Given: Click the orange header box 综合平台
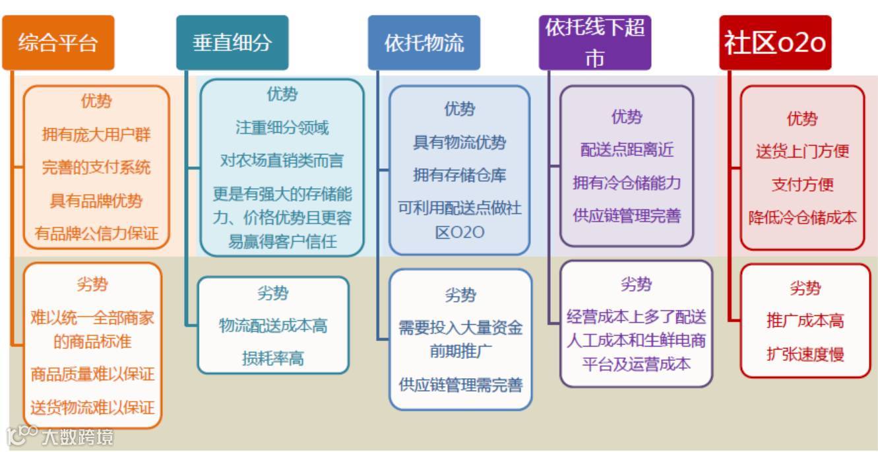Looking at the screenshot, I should click(58, 43).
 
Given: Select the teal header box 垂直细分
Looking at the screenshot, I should click(232, 43).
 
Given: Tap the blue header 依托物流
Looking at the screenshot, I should click(424, 43).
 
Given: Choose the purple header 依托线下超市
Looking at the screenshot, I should click(595, 43).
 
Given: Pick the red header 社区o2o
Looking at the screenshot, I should click(775, 43).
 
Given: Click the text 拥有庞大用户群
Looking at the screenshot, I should click(96, 135).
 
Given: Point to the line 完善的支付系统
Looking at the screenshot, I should click(96, 168).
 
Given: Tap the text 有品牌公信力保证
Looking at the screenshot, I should click(96, 233).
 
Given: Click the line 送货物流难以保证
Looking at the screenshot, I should click(92, 407).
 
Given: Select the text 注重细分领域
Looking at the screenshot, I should click(282, 127).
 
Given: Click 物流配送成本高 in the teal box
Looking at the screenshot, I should click(273, 325).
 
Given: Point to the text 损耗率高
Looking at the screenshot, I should click(273, 358).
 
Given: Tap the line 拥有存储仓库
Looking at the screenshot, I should click(459, 176).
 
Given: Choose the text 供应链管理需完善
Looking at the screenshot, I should click(460, 385).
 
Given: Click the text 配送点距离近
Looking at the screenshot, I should click(627, 150).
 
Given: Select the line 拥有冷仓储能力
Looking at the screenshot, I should click(627, 183).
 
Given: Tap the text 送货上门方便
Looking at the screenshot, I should click(802, 151).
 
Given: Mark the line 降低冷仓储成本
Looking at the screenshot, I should click(802, 218).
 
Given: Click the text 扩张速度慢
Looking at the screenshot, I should click(805, 354).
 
